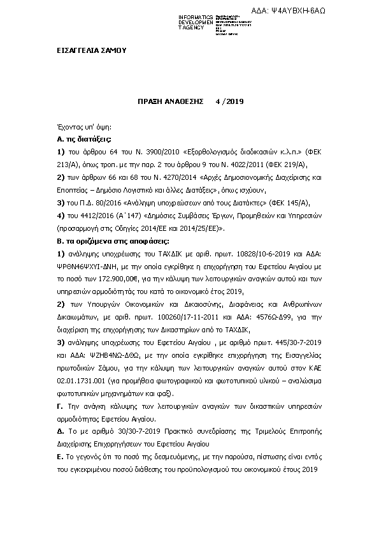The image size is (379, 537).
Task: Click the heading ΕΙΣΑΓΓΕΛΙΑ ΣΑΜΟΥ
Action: tap(87, 50)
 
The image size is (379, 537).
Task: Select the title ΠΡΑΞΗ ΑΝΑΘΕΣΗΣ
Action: tap(170, 101)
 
